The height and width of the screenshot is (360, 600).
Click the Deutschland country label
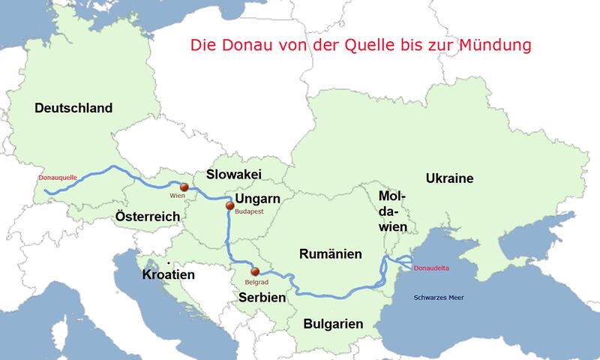[x=73, y=108]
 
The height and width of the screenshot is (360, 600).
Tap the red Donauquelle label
[x=57, y=178]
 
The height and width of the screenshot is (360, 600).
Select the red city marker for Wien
[x=183, y=187]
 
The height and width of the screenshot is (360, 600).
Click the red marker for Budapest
[x=230, y=205]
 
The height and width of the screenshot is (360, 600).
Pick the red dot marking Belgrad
[x=255, y=271]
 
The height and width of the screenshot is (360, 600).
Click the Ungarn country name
[x=257, y=199]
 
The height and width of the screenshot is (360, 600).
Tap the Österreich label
[x=147, y=217]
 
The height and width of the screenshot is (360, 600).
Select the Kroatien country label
[x=168, y=274]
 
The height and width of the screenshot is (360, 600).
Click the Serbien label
[x=262, y=297]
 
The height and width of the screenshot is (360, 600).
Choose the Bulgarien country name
[x=333, y=324]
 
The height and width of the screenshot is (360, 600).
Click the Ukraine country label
[x=449, y=178]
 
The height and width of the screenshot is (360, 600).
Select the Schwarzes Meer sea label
[x=439, y=298]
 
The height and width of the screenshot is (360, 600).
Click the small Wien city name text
[x=177, y=196]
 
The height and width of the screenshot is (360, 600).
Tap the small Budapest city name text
[x=248, y=212]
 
